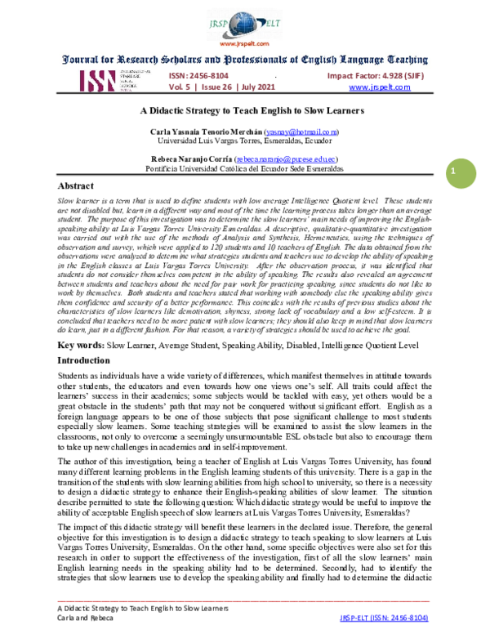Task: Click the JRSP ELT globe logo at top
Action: point(244,22)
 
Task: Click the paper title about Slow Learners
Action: point(245,110)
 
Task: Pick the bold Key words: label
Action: point(78,346)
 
